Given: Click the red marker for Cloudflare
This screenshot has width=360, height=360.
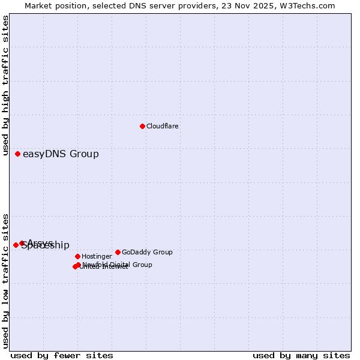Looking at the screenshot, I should pyautogui.click(x=142, y=126).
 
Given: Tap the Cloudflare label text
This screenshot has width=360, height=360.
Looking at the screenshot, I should pyautogui.click(x=163, y=127).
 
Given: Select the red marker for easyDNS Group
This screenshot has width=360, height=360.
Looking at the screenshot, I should pyautogui.click(x=17, y=154).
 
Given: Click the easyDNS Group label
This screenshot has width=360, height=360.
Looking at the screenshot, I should pyautogui.click(x=61, y=154).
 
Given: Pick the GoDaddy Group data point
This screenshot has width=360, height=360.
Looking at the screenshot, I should pyautogui.click(x=118, y=252).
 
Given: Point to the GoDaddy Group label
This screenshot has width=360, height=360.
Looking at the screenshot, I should pyautogui.click(x=147, y=253).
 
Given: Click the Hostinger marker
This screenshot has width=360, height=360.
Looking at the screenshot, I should pyautogui.click(x=77, y=256).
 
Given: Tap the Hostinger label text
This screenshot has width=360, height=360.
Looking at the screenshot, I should pyautogui.click(x=97, y=257).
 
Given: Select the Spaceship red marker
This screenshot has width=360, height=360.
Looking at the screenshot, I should pyautogui.click(x=16, y=245).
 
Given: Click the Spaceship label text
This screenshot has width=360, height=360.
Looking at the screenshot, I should pyautogui.click(x=46, y=245).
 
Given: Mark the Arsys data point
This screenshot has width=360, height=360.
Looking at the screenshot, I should pyautogui.click(x=22, y=243).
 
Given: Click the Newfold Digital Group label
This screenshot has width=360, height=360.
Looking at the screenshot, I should pyautogui.click(x=118, y=265).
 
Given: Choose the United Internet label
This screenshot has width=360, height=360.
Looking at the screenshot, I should pyautogui.click(x=104, y=267).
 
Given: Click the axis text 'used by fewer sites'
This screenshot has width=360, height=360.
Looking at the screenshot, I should pyautogui.click(x=62, y=356).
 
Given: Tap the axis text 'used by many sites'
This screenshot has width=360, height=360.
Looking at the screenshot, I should pyautogui.click(x=301, y=356).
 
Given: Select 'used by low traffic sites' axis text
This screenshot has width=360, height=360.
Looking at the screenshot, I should pyautogui.click(x=6, y=281).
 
